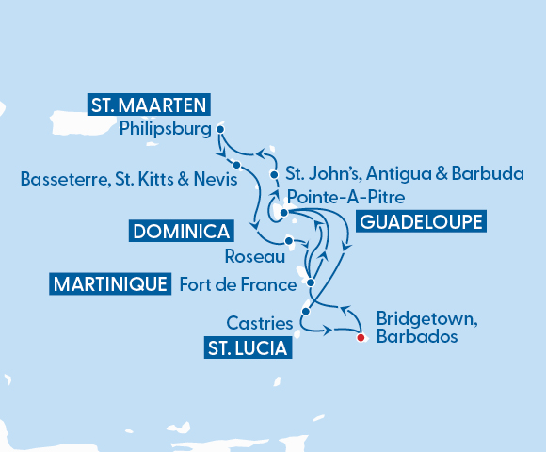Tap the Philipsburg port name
[x=165, y=130]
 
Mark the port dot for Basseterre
[x=236, y=166]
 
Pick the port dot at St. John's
[x=274, y=175]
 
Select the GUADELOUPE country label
[x=420, y=222]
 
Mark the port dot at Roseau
[x=288, y=240]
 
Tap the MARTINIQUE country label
[x=111, y=283]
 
